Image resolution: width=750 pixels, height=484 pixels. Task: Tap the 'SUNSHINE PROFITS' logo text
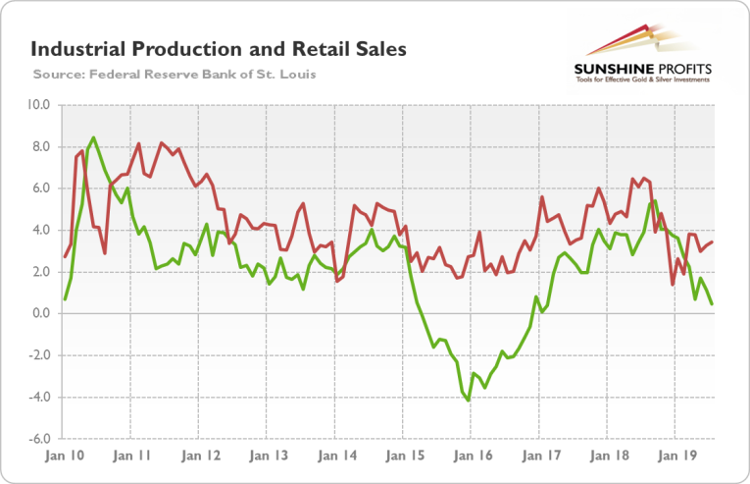click(641, 69)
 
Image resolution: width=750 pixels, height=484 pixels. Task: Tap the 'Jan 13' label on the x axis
click(267, 457)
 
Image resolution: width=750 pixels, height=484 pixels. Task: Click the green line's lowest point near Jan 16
click(469, 401)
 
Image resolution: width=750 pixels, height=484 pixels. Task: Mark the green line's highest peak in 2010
click(93, 137)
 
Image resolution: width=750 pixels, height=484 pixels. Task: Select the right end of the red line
click(712, 242)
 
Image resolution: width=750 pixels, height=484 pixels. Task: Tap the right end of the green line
click(712, 304)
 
